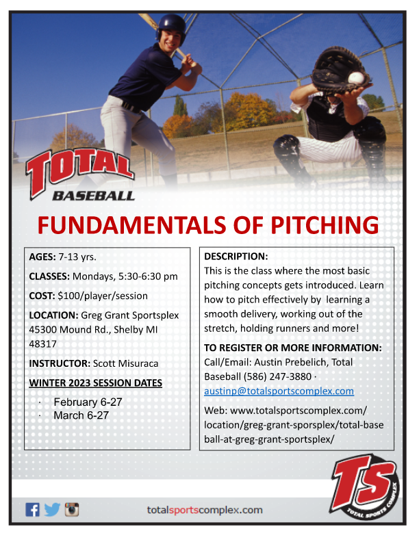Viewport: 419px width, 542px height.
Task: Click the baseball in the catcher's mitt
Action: [355, 77]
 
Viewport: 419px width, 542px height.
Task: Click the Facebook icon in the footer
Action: [32, 510]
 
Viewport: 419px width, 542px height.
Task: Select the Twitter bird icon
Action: [52, 510]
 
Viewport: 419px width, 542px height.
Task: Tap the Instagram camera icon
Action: [72, 510]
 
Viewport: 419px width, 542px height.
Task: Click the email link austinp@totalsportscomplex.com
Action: [279, 391]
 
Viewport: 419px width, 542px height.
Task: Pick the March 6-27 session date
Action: [81, 415]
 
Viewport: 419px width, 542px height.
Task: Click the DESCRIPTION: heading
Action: [236, 256]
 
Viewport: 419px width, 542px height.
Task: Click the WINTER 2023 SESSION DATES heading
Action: [95, 382]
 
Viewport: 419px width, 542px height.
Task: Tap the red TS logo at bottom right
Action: [364, 484]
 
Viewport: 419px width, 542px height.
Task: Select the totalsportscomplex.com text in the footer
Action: [205, 510]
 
